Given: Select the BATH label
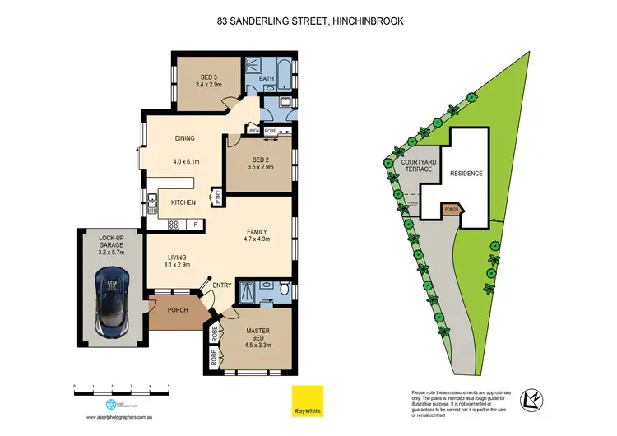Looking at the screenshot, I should pos(267,79).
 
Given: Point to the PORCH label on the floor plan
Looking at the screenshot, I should pos(177,310).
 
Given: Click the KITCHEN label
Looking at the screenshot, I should pos(183,202).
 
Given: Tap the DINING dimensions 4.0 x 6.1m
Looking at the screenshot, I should pos(187,161).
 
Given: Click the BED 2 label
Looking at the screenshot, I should pos(262,160).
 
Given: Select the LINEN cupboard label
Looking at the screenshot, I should pos(253,131).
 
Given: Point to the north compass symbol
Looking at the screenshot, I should pos(536,400).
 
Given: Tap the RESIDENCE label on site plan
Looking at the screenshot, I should pos(466,174).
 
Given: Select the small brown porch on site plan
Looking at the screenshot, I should pos(450,209).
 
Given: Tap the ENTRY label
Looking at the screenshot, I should pos(222,285).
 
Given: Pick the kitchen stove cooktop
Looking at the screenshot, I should pos(174,225).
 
